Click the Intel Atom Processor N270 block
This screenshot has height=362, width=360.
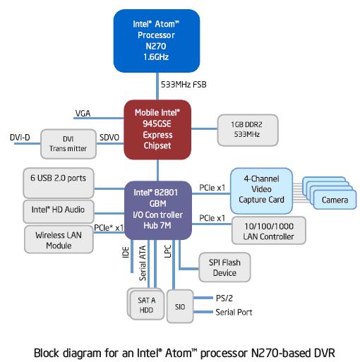tap(157, 41)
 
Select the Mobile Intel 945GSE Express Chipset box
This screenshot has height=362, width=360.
tap(157, 130)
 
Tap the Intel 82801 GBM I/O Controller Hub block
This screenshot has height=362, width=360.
tap(158, 210)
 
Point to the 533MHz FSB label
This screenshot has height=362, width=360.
tap(184, 85)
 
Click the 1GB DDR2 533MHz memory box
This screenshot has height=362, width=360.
tap(248, 130)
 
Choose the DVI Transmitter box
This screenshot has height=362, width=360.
tap(68, 144)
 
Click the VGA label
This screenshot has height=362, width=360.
tap(83, 114)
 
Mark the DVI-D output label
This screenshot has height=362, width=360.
tap(20, 138)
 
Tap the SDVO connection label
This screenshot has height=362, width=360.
tap(109, 138)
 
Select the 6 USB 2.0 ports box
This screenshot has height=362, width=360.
tap(59, 183)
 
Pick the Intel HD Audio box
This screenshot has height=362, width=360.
tap(59, 212)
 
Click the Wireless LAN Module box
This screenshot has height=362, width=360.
tap(59, 239)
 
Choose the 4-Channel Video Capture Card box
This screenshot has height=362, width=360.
tap(261, 191)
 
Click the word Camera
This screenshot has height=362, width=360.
tap(335, 200)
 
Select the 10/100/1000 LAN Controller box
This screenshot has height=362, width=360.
tap(269, 231)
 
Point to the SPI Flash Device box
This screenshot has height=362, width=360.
tap(224, 267)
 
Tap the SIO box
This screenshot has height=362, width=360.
tap(180, 306)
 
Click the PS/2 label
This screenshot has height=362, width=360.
tap(224, 298)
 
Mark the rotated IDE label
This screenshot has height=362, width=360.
tap(126, 252)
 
